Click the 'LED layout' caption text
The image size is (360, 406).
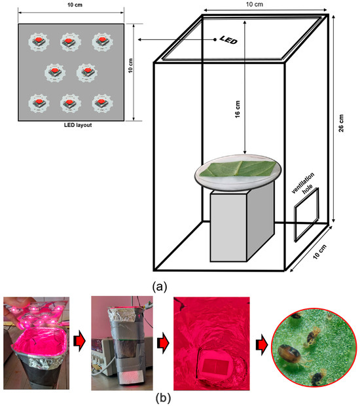[78, 125]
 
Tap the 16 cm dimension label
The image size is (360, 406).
[238, 109]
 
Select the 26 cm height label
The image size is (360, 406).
[342, 123]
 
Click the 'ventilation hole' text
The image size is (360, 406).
[304, 184]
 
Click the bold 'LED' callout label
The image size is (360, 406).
[228, 40]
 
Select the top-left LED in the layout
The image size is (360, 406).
[39, 41]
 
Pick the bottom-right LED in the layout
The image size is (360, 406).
[102, 103]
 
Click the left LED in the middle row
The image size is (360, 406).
[55, 72]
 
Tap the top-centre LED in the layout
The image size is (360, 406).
[71, 41]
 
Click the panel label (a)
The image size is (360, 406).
[160, 286]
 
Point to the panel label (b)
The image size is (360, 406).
[163, 398]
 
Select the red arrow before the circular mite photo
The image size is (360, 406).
[262, 344]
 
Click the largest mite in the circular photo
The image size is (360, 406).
[290, 354]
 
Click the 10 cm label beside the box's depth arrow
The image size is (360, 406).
[320, 251]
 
